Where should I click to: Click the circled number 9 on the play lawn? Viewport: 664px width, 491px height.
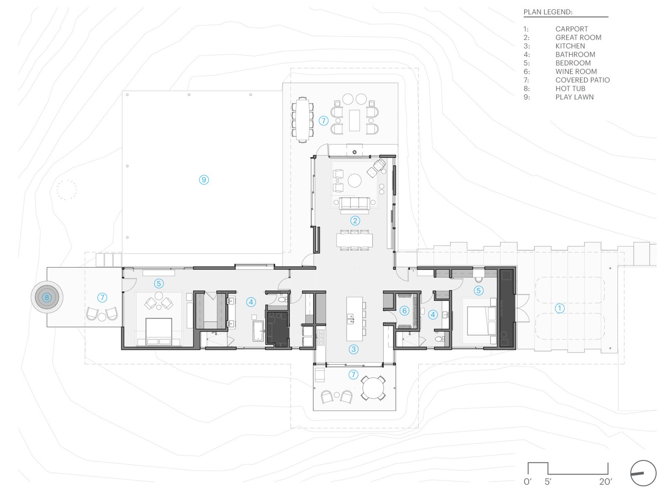point(204,180)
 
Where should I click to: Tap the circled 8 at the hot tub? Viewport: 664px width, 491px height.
point(46,298)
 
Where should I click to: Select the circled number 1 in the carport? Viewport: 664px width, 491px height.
point(559,308)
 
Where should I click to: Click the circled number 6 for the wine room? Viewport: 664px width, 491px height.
point(404,311)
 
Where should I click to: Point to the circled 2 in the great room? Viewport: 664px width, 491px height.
point(355,221)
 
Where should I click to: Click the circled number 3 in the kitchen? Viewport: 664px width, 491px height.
point(354,349)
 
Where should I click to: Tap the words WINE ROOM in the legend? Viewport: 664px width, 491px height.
point(576,71)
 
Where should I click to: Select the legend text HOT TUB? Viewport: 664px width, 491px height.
point(570,89)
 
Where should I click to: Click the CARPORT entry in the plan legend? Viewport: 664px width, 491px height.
point(571,29)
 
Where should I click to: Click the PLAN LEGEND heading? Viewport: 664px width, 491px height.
point(548,12)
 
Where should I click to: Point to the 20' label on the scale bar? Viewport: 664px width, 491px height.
point(605,482)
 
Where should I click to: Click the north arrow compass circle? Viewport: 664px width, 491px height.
point(643,473)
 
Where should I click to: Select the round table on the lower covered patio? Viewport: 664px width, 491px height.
point(373,388)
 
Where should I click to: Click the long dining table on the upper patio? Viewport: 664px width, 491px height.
point(302,120)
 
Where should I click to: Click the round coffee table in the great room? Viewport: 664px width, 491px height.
point(354,181)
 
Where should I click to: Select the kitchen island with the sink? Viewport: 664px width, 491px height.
point(354,319)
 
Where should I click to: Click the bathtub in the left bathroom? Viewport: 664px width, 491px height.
point(258,331)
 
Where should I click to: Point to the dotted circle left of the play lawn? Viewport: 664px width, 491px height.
point(66,190)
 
